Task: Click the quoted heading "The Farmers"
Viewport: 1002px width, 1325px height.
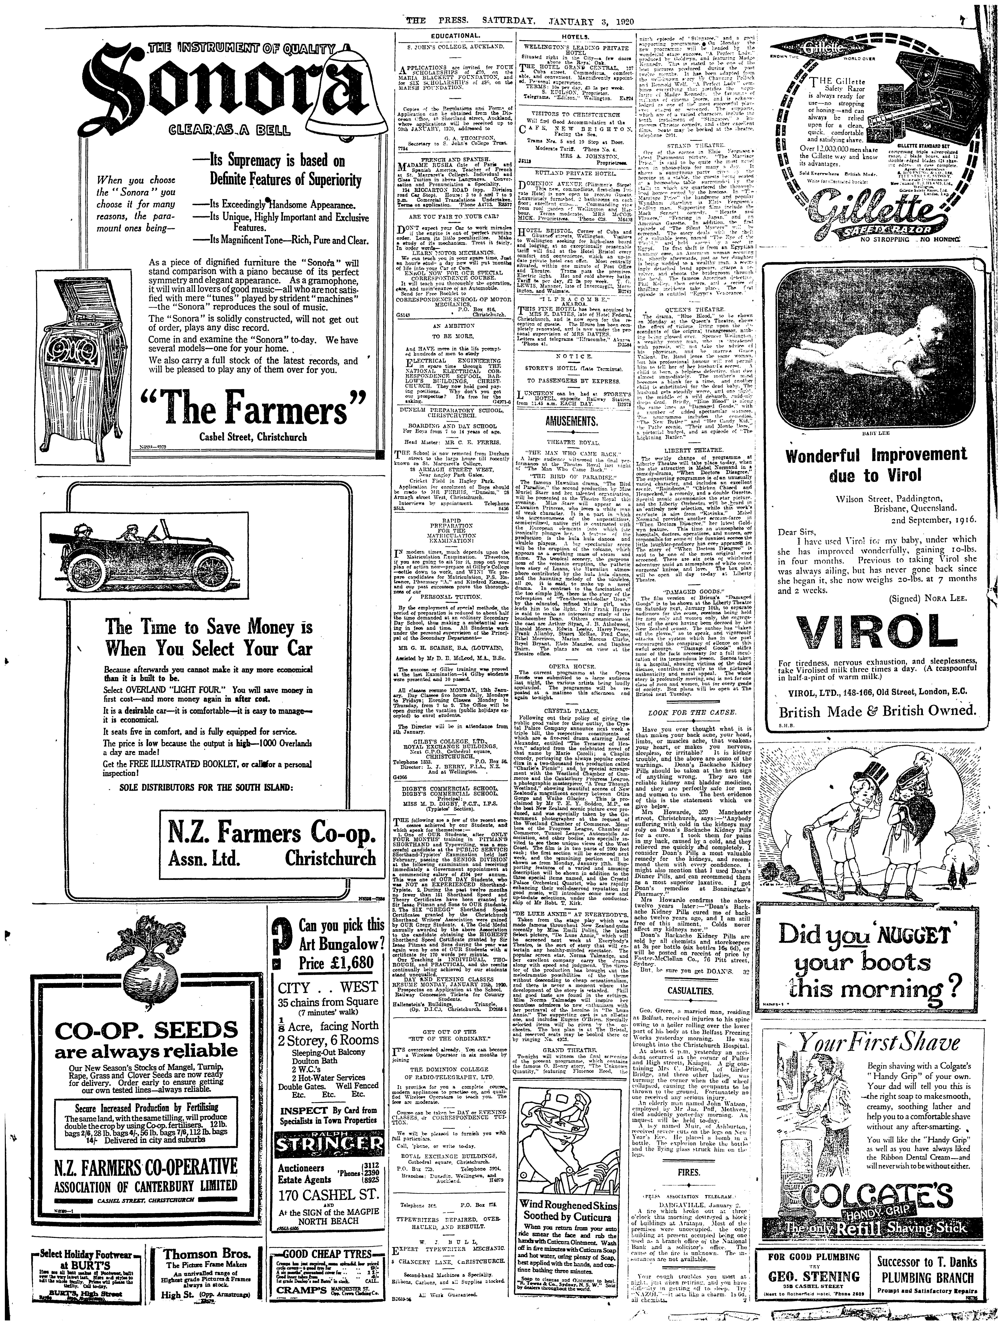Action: pyautogui.click(x=254, y=409)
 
